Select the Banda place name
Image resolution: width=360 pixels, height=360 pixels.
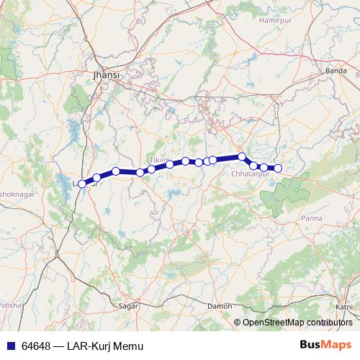click(336, 71)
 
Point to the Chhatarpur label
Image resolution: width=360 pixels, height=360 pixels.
click(251, 174)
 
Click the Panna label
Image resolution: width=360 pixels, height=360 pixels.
click(312, 217)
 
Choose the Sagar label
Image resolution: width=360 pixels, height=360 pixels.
click(127, 306)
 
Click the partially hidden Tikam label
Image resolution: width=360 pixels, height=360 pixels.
click(158, 159)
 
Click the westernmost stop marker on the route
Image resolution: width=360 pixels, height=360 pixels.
click(82, 184)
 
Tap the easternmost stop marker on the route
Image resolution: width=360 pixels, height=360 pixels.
click(278, 168)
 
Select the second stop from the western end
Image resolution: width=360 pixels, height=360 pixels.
click(96, 178)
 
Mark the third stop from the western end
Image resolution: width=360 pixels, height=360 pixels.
click(116, 171)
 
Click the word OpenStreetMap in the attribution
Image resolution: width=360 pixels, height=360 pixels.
click(274, 323)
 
